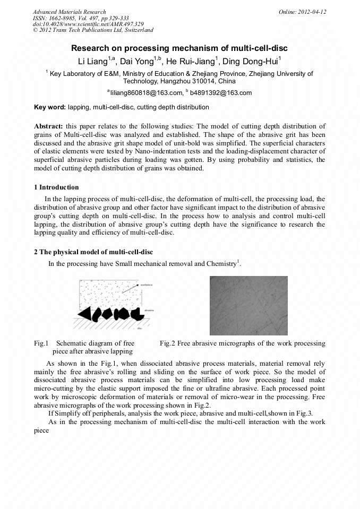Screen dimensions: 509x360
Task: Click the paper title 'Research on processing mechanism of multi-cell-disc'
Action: click(x=179, y=48)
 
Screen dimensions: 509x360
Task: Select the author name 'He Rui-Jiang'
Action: click(x=190, y=60)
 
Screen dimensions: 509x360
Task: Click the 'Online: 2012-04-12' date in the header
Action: click(x=302, y=12)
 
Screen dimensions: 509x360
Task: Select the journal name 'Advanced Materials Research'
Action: click(x=70, y=12)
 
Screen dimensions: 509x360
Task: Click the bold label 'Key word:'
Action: click(x=50, y=107)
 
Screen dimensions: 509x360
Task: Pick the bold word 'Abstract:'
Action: click(x=49, y=126)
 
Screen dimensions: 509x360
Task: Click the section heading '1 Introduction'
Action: click(x=56, y=187)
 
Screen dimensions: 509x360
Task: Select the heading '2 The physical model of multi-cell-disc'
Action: click(x=93, y=252)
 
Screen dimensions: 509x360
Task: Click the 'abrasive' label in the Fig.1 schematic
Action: click(x=149, y=309)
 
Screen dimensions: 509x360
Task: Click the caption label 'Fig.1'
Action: click(x=41, y=343)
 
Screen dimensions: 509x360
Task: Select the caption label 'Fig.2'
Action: click(x=167, y=343)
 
